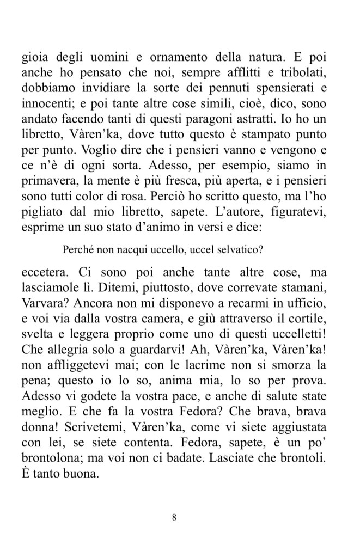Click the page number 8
point(174,517)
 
